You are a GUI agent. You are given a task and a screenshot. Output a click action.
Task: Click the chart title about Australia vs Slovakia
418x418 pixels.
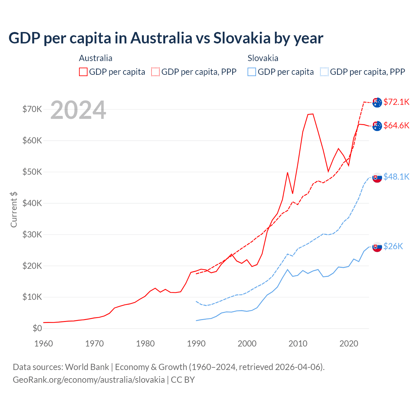click(166, 38)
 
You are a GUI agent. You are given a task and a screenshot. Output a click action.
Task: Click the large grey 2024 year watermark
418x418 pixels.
click(78, 110)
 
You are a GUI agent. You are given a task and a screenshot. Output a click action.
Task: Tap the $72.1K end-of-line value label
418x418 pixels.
click(396, 102)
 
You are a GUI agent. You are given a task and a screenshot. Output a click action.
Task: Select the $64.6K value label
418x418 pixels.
click(396, 125)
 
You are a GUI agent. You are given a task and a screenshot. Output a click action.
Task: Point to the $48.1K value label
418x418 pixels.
click(396, 177)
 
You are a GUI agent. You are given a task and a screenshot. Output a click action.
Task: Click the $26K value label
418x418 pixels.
click(393, 246)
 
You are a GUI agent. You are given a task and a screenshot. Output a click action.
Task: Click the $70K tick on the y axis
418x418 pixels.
click(32, 109)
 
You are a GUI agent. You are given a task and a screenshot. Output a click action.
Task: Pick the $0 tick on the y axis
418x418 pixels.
click(37, 328)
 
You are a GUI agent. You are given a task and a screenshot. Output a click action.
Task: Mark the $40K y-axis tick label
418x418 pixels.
click(32, 203)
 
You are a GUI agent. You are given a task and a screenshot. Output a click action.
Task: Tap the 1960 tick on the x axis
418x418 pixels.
click(43, 344)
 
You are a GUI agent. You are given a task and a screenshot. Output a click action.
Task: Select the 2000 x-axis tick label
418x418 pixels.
click(247, 344)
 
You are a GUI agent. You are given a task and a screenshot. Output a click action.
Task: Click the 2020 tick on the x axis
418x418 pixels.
click(349, 344)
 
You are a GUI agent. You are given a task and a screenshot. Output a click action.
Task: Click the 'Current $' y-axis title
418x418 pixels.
click(14, 209)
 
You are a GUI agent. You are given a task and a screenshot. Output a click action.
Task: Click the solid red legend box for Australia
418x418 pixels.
click(83, 72)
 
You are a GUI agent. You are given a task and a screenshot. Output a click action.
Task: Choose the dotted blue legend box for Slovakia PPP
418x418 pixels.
click(324, 72)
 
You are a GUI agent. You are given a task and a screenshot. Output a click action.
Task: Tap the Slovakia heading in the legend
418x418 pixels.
click(263, 58)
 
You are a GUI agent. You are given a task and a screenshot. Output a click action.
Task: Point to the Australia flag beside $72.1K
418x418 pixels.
click(377, 102)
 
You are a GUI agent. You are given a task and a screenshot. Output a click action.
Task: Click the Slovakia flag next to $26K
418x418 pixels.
click(377, 247)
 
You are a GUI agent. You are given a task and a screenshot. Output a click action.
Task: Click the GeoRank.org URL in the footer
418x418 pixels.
click(89, 380)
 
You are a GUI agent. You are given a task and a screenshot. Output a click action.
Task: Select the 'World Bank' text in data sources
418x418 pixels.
click(87, 367)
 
